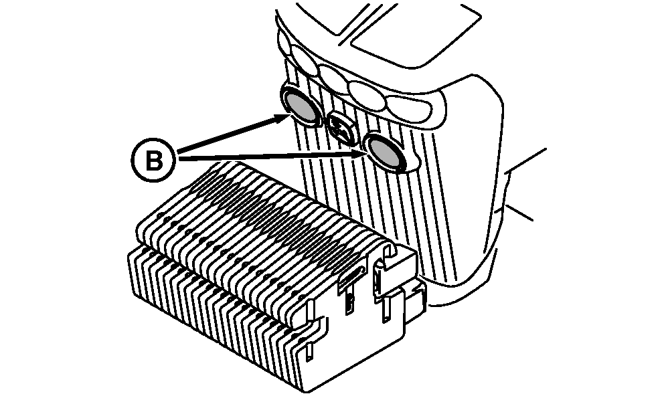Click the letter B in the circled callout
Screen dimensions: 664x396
point(154,161)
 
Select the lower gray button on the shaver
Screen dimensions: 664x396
point(384,152)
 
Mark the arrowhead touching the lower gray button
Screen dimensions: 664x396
point(358,155)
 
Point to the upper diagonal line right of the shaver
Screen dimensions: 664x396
point(528,160)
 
